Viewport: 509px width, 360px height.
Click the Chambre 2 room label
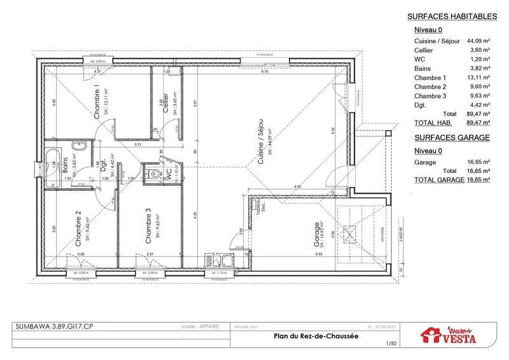coord(78,229)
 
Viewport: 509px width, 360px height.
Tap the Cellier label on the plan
coord(165,102)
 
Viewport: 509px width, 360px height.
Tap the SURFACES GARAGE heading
coord(451,137)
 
